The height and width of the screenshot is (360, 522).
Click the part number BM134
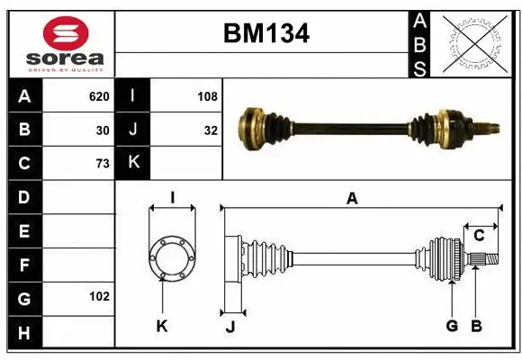(265, 34)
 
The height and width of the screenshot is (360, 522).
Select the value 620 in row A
(98, 96)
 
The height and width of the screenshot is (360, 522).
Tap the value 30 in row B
(102, 130)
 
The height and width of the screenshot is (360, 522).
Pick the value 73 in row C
(102, 163)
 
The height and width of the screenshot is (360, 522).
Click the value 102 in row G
(98, 296)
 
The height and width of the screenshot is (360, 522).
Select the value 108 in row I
(207, 96)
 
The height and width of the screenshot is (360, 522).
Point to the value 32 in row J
(211, 130)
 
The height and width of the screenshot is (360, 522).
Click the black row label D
(24, 196)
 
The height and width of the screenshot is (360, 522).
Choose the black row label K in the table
(132, 163)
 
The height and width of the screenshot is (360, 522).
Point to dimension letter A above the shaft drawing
(352, 199)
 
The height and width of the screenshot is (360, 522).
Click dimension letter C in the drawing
(479, 235)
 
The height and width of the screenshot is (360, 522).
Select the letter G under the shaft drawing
(452, 326)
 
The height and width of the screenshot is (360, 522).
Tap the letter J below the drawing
(229, 327)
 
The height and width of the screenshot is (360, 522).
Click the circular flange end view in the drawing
(171, 256)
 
